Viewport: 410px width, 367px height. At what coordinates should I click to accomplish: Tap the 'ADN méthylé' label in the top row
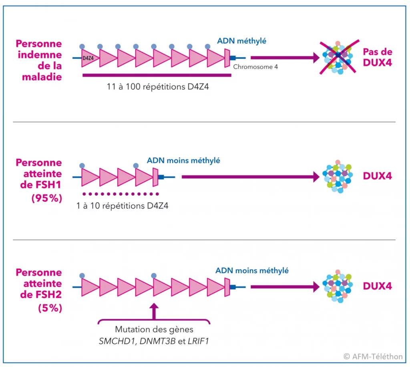[241, 41]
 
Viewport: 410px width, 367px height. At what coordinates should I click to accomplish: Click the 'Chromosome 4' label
[255, 67]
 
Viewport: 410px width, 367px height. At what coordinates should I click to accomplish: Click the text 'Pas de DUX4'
[378, 57]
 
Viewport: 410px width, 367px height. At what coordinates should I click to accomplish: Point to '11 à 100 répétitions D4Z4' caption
[158, 87]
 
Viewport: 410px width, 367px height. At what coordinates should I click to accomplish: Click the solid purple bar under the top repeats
[157, 75]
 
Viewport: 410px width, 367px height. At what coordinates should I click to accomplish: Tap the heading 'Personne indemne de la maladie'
[39, 60]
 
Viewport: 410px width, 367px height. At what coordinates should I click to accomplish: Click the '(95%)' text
[47, 198]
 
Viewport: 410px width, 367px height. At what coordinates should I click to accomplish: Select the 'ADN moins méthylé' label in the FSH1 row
[183, 161]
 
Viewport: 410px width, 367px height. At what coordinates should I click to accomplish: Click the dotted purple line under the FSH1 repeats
[121, 194]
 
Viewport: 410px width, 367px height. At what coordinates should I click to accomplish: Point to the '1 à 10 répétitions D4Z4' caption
[122, 206]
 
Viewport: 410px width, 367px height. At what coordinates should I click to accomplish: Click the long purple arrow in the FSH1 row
[251, 177]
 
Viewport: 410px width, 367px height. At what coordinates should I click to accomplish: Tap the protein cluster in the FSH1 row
[338, 177]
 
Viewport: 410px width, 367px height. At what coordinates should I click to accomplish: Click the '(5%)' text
[50, 308]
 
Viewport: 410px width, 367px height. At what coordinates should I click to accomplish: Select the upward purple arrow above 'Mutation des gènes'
[154, 311]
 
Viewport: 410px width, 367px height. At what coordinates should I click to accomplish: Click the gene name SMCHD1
[118, 341]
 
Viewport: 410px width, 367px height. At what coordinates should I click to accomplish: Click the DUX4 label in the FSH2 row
[377, 286]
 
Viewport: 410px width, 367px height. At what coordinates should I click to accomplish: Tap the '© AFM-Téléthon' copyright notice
[373, 357]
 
